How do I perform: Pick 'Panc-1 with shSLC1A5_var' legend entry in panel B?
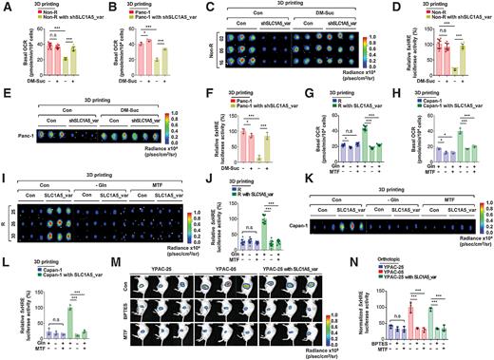(161, 23)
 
